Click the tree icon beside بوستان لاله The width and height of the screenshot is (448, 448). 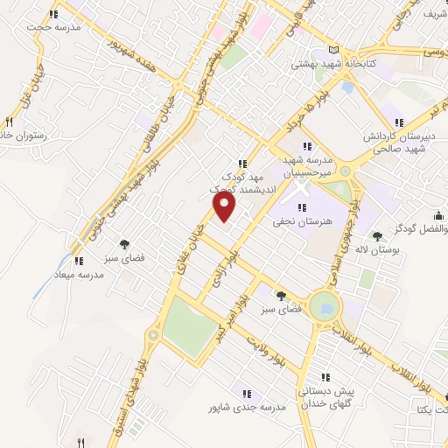click(378, 235)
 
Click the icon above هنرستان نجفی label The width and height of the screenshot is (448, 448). click(303, 207)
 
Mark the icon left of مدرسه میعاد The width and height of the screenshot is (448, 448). click(80, 260)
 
